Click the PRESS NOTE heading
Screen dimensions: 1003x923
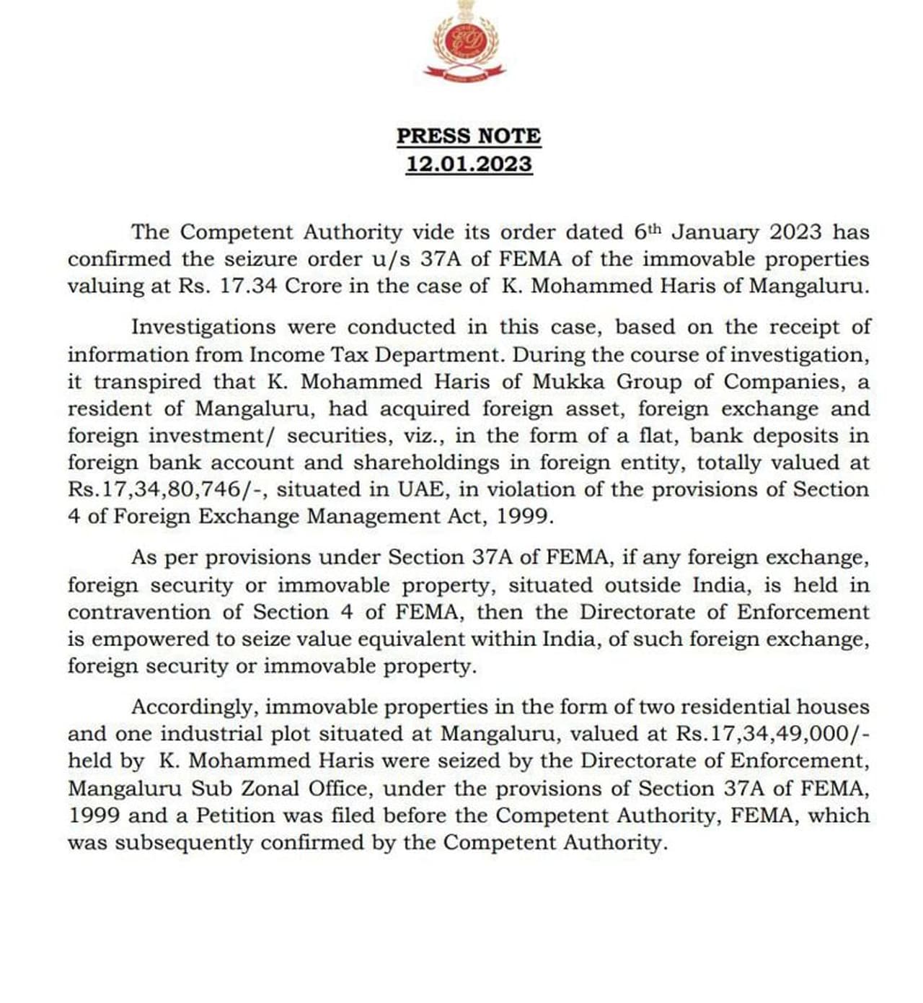469,136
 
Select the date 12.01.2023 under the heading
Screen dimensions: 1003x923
469,164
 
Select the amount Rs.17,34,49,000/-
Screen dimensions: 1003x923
773,734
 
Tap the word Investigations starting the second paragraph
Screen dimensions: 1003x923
203,327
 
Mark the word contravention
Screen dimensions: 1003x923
140,612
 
